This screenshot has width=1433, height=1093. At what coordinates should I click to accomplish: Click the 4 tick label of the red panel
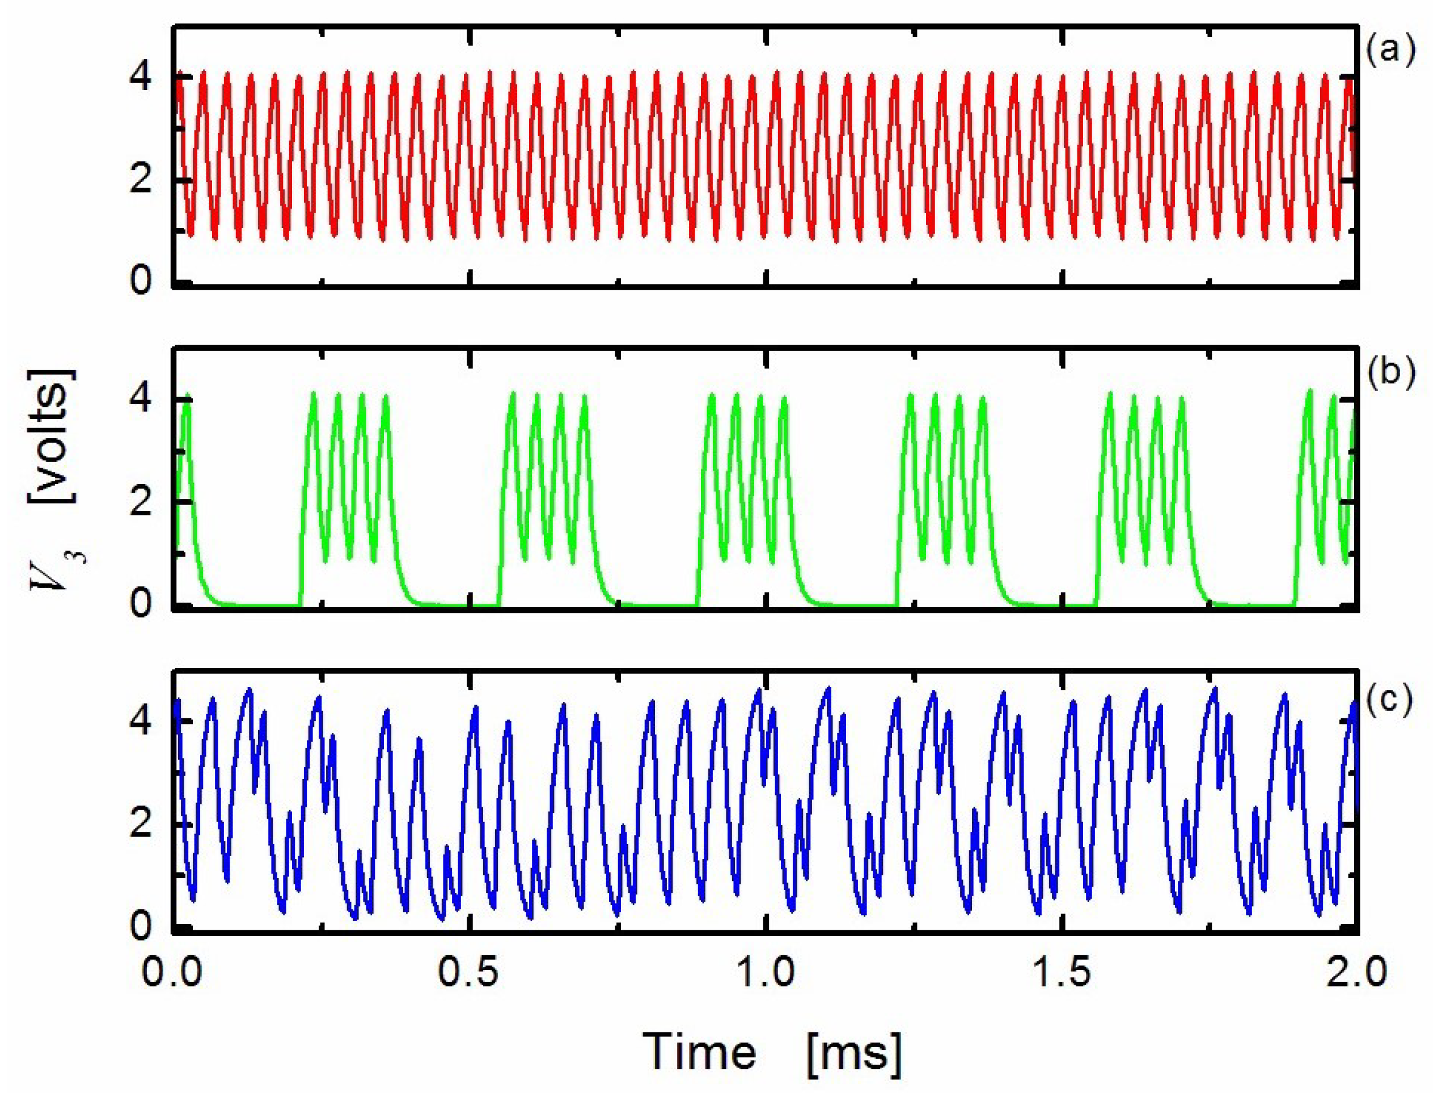click(x=141, y=78)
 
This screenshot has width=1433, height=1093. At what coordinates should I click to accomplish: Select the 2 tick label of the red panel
click(x=141, y=180)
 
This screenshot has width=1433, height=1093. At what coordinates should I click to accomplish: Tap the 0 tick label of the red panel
click(x=141, y=283)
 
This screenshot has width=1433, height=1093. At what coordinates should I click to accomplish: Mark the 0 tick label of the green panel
click(x=141, y=605)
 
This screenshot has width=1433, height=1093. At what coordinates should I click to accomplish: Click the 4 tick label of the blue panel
click(x=141, y=722)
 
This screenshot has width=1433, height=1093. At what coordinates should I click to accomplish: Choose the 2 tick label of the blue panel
click(x=141, y=824)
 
